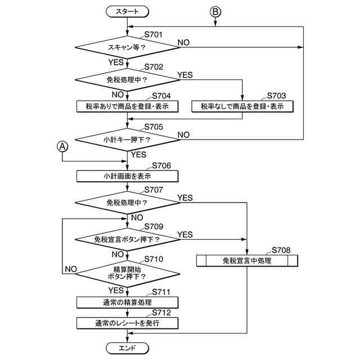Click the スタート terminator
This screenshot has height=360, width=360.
coord(128,11)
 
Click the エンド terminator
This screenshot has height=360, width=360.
coord(128,348)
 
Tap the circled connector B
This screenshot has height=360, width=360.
coord(215,11)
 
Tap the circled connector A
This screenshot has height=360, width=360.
coord(63,146)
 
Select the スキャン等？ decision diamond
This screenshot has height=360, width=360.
coord(128,47)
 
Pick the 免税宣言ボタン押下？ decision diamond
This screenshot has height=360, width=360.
coord(128,239)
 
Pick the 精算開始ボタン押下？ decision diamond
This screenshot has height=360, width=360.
coord(128,273)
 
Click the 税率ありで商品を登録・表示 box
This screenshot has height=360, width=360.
coord(128,106)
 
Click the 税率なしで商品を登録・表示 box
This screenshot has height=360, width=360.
coord(242,106)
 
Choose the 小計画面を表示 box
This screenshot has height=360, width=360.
coord(128,175)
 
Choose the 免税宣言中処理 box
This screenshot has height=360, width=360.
coord(246,260)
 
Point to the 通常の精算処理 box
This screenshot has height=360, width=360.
coord(128,303)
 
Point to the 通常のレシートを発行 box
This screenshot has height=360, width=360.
coord(128,323)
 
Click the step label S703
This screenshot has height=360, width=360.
coord(276,96)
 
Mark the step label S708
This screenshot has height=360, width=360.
coord(281,250)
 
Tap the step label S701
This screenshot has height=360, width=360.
coord(154,35)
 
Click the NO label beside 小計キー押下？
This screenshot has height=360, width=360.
coord(183,134)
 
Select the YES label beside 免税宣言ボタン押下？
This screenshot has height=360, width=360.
coord(185,234)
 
